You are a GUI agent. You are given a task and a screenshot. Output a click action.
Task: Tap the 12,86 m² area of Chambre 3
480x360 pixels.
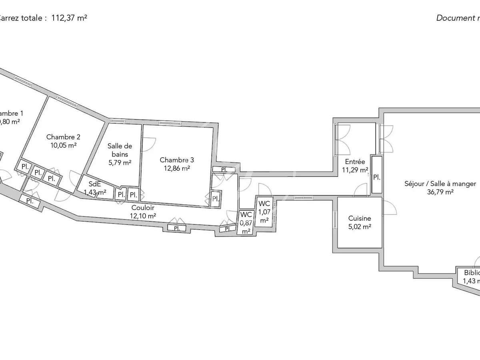point(176,168)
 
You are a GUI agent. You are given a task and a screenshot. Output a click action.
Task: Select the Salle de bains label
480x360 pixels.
point(120,150)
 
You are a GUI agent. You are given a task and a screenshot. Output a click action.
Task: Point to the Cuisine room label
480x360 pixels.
point(359,218)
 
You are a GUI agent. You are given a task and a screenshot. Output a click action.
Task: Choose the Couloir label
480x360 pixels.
point(143,208)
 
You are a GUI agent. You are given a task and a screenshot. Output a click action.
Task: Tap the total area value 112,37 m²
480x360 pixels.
point(69,18)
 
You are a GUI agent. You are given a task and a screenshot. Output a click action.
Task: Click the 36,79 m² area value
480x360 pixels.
point(440,192)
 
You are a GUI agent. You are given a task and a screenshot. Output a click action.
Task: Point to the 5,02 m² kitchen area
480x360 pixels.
point(359,226)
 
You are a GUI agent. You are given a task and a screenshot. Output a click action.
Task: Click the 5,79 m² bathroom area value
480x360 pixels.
point(120,162)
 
